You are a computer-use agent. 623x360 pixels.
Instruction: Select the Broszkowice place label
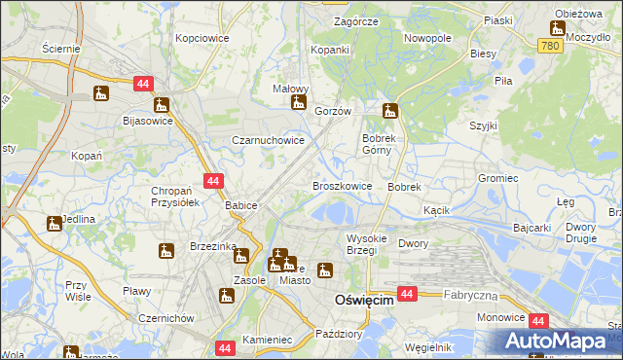342,186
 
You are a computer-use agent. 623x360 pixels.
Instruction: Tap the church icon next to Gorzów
299,102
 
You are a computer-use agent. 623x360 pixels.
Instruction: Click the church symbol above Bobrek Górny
390,110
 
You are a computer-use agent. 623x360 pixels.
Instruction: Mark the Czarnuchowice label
268,141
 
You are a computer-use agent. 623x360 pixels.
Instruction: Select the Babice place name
240,206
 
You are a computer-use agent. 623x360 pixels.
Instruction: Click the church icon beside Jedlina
54,224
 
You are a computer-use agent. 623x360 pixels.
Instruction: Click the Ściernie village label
61,48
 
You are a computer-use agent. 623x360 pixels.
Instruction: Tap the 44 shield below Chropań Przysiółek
214,180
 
